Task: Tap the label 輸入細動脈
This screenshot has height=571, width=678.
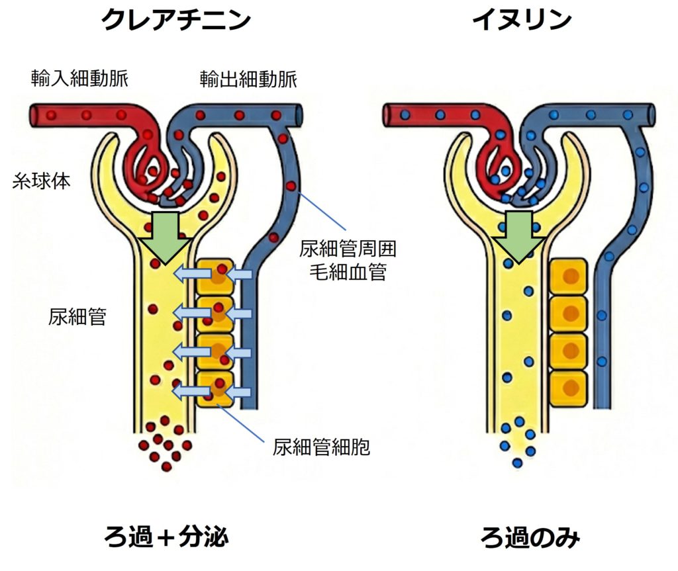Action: click(79, 79)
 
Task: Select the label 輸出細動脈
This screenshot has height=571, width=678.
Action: click(248, 81)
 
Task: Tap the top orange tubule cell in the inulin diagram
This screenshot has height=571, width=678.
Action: click(569, 277)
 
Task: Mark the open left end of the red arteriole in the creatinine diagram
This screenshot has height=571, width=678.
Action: click(34, 116)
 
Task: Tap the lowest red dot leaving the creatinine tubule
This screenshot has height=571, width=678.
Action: click(167, 466)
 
